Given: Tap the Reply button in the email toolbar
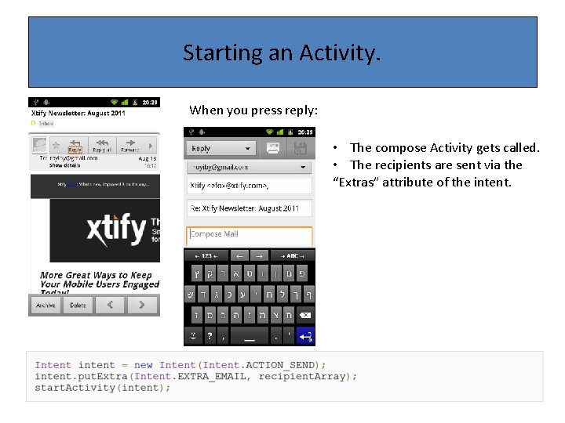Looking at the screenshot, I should [75, 146].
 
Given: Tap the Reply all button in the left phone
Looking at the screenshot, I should [101, 146].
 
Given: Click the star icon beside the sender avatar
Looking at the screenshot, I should [56, 146].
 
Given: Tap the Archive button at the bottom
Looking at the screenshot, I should [46, 305].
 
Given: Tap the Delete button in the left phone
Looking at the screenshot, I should [78, 305].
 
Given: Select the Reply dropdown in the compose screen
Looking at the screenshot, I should [221, 148].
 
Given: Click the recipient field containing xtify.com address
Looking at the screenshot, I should [249, 186].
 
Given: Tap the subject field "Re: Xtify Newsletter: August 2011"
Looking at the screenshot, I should [249, 208].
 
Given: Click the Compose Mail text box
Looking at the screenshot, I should [249, 234].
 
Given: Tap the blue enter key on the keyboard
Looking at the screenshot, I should [305, 336].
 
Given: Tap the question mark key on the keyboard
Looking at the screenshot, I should [210, 336].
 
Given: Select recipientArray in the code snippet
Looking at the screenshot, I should [302, 376].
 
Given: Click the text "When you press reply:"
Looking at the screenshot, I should [253, 110].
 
